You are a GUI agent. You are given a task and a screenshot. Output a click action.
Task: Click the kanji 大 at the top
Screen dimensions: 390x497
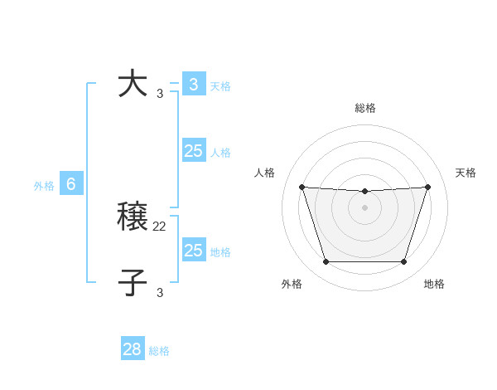point(133,84)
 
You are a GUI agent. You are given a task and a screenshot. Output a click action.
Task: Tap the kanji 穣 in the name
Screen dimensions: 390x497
point(133,217)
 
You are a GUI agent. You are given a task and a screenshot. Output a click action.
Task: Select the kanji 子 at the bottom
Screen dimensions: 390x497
point(133,282)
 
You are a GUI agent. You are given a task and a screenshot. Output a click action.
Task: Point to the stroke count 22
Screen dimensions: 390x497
point(160,226)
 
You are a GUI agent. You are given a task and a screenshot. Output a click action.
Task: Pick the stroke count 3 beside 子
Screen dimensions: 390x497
point(160,292)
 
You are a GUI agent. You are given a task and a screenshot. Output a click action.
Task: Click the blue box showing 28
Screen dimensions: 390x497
point(133,349)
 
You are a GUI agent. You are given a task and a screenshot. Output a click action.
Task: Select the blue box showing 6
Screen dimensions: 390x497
point(71,184)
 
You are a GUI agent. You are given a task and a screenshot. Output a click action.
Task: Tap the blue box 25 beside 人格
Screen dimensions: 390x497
point(194,151)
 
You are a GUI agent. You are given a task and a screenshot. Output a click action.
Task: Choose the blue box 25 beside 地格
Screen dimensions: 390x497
point(194,251)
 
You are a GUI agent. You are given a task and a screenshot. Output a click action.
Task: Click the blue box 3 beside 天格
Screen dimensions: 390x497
point(194,85)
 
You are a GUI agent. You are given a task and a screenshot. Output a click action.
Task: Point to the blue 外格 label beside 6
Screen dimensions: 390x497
point(44,186)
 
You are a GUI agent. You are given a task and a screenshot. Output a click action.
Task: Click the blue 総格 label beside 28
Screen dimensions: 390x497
point(159,351)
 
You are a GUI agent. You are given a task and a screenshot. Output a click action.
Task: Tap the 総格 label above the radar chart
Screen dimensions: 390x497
point(364,108)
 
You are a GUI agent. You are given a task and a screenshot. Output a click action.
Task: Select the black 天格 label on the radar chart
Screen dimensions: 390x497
point(466,173)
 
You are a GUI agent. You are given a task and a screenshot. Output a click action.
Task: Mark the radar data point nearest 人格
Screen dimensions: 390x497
point(302,187)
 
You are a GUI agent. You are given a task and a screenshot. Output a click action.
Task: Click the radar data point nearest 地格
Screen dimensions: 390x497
point(403,261)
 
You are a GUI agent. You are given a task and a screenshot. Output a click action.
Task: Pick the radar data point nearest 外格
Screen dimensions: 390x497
point(326,261)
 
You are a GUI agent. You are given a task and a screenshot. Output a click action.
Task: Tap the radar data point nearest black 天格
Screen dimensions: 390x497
point(427,187)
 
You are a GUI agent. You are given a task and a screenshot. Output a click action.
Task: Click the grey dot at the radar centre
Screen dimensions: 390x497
point(364,207)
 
